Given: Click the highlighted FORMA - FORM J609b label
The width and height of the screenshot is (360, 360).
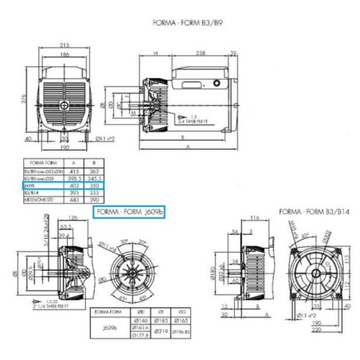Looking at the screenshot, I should tap(130, 213).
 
